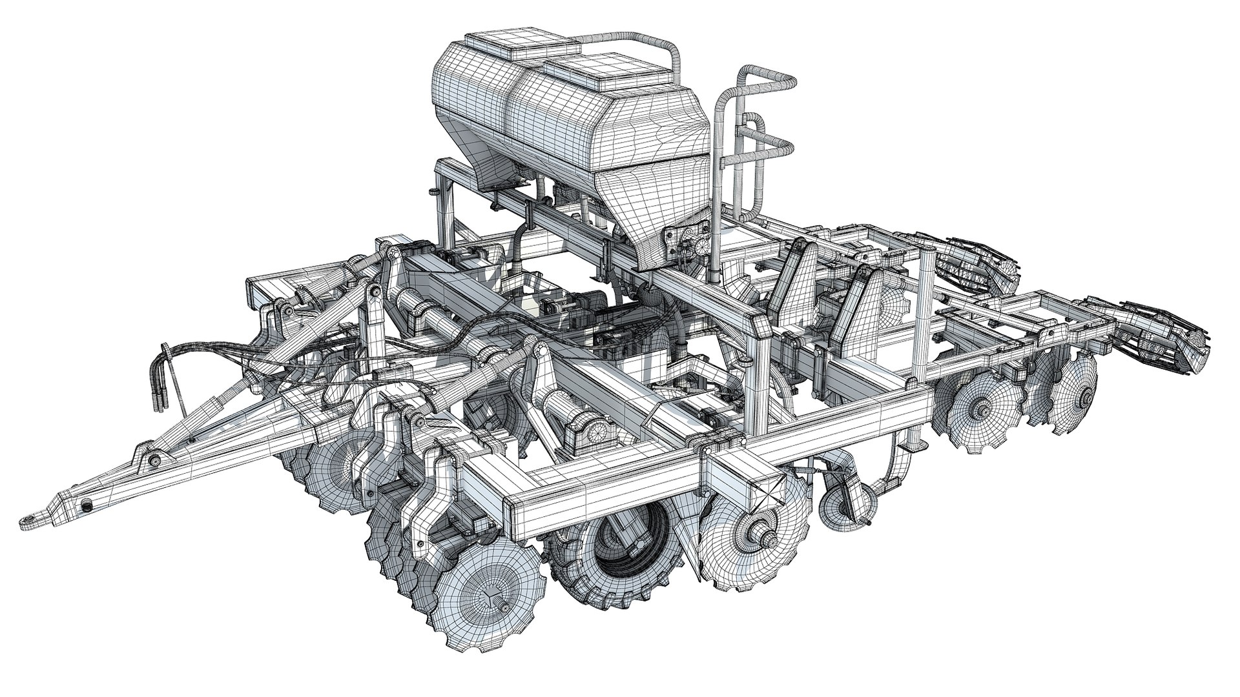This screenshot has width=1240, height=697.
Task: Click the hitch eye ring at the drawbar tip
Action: (28, 520)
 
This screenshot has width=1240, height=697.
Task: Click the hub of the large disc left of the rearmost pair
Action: (982, 407)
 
